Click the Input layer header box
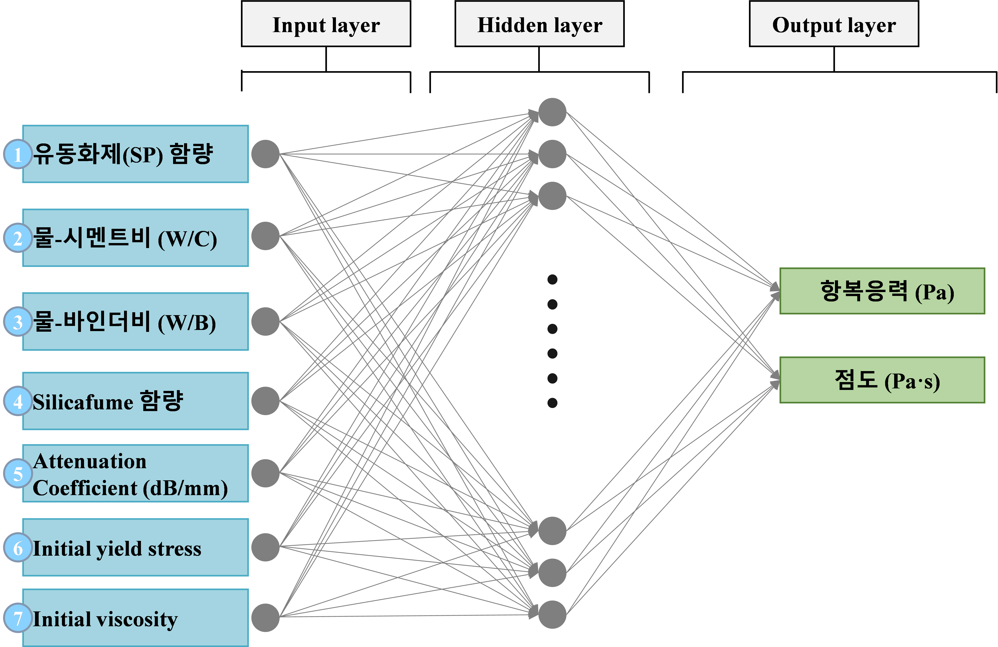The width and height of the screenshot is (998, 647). (326, 24)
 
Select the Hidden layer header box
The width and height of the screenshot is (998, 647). (539, 24)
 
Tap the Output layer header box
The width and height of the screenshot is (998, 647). (834, 24)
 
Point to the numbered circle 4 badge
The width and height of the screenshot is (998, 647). (18, 401)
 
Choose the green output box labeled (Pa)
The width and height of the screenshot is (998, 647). (882, 291)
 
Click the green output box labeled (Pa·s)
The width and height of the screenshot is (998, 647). (882, 380)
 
